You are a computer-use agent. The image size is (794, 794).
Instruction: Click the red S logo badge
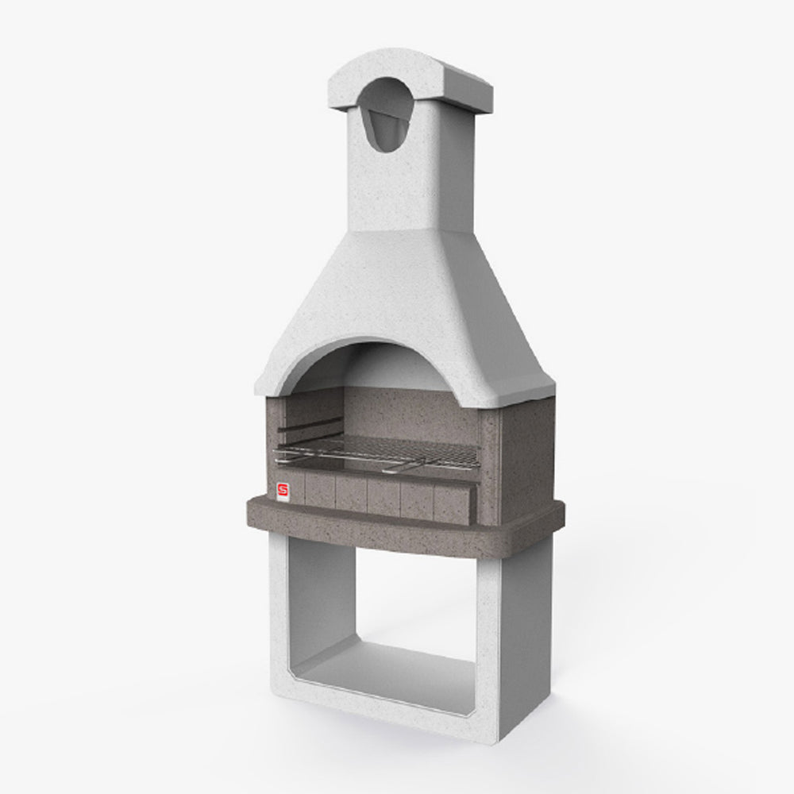pos(283,491)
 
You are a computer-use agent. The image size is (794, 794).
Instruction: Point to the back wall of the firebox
pos(413,413)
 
